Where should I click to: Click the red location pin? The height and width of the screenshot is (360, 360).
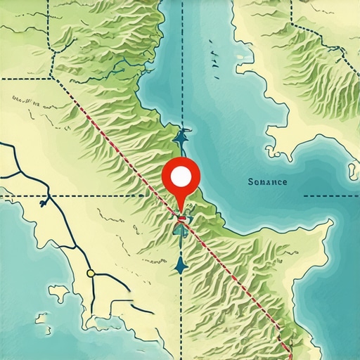(181, 179)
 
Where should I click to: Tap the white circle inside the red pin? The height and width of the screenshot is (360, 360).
(181, 176)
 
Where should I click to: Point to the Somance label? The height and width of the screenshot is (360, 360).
(267, 182)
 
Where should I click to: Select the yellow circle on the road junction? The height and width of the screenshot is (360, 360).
(90, 273)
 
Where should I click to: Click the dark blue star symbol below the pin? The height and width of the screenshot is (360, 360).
(181, 264)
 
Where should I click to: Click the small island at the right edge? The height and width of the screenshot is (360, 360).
(352, 169)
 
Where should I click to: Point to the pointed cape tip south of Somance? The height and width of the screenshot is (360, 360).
(328, 224)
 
